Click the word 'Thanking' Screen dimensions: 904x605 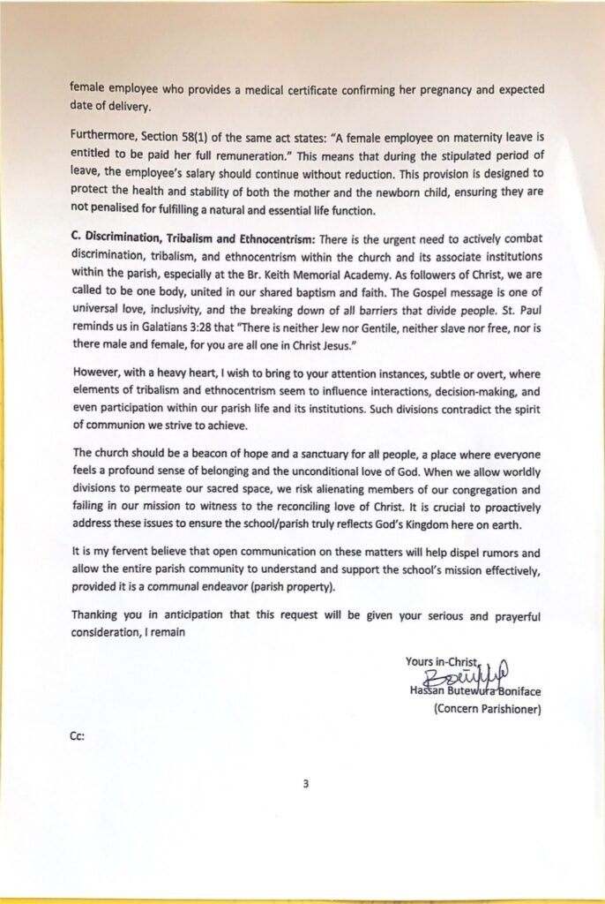96,614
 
